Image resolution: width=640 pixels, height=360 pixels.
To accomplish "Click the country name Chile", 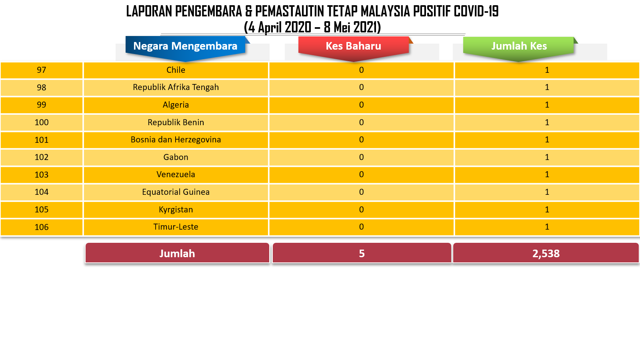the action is tap(176, 70).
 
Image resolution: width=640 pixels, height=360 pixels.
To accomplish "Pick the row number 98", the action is tap(42, 88).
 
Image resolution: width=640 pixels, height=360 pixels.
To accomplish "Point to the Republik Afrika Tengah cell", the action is tap(176, 88).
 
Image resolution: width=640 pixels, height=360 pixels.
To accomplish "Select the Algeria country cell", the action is tap(176, 105).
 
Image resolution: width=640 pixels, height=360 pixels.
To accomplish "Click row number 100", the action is tap(42, 122).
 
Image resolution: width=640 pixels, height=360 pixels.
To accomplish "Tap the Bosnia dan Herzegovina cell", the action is tap(176, 140).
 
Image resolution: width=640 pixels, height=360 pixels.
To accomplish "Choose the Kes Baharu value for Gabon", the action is tap(362, 157).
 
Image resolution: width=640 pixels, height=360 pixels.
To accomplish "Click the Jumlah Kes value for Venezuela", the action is tap(547, 174).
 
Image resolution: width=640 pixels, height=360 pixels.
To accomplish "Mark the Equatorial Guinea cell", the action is tap(176, 192).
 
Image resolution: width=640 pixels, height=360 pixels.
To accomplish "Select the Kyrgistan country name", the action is tap(176, 210).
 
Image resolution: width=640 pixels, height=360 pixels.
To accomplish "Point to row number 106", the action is tap(42, 227).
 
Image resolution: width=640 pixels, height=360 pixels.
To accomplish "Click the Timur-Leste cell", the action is tap(176, 227).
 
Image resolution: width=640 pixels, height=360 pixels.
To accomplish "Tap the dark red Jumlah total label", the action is tap(177, 253).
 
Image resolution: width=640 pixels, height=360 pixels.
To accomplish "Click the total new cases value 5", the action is tap(362, 253).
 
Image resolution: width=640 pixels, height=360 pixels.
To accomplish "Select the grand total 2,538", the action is tap(546, 253).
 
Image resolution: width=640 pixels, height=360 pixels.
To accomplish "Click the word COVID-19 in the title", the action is tap(476, 12).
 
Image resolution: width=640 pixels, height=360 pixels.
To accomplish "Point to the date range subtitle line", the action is tap(312, 27).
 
